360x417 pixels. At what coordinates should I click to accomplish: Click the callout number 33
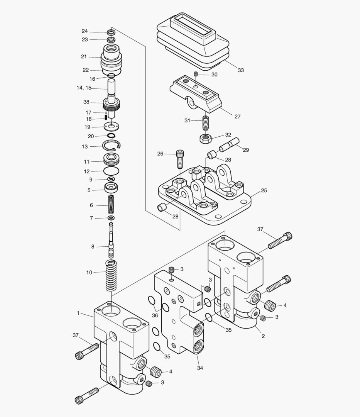(x=241, y=70)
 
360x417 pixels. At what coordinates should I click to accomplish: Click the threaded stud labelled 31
(x=205, y=124)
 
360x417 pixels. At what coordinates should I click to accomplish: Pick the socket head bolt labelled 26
(x=180, y=158)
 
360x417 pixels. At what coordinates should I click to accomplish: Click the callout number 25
(x=264, y=190)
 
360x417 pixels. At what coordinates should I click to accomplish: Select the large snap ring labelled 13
(x=112, y=146)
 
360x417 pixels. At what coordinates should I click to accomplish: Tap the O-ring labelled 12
(x=111, y=170)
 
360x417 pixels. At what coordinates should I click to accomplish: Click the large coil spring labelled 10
(x=111, y=276)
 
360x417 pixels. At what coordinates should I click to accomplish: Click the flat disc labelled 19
(x=111, y=126)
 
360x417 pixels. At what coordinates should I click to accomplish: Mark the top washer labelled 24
(x=111, y=32)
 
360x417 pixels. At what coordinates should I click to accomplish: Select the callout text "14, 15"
(x=84, y=88)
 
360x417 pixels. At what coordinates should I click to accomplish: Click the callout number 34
(x=200, y=368)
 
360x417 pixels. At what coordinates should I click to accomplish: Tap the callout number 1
(x=78, y=313)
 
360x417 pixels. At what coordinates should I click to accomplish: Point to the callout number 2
(x=263, y=336)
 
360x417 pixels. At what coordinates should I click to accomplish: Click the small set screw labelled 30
(x=196, y=74)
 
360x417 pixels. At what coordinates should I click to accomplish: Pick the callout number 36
(x=155, y=315)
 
